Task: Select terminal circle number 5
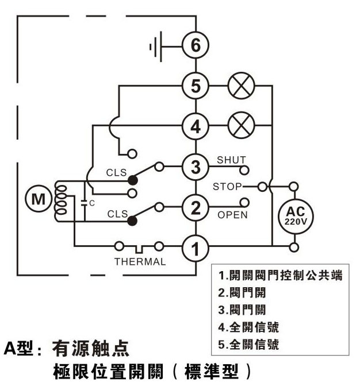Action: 196,87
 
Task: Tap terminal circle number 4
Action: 196,126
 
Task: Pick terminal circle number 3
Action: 196,167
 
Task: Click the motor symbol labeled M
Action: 39,199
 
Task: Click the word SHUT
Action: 231,159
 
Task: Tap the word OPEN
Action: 232,215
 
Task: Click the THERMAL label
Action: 140,262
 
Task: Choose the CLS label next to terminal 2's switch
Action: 117,214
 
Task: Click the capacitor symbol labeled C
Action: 85,202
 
